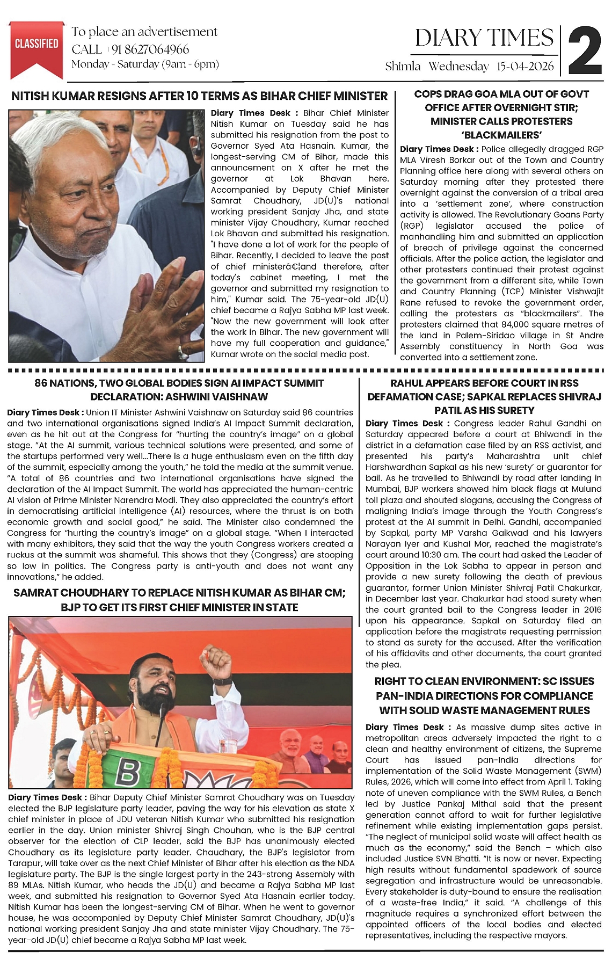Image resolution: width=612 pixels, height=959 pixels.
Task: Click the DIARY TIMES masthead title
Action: (484, 38)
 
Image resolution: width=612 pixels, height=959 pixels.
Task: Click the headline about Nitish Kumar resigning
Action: (199, 96)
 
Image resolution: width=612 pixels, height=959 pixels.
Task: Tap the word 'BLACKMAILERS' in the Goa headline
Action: (501, 135)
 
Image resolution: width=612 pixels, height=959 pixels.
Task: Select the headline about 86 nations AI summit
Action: (179, 390)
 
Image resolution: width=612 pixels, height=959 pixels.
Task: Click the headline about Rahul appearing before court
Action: (484, 396)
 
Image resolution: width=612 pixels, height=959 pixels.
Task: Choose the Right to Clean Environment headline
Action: (484, 695)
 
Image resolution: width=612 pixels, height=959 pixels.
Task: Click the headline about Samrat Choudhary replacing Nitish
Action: (179, 600)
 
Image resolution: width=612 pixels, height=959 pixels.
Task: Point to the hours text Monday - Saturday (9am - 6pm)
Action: (145, 64)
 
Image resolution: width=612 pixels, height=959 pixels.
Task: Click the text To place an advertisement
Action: (144, 32)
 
